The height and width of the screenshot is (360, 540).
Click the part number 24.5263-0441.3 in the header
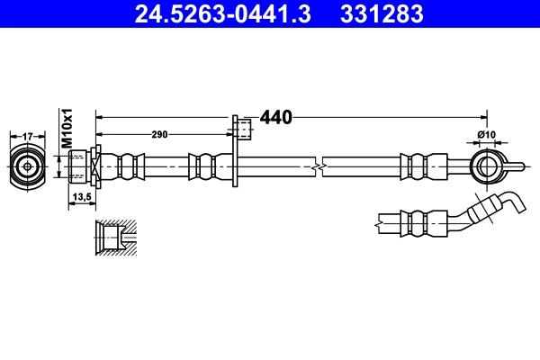pyautogui.click(x=222, y=13)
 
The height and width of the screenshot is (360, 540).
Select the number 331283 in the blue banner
pyautogui.click(x=382, y=13)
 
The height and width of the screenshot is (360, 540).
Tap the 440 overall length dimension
pyautogui.click(x=276, y=117)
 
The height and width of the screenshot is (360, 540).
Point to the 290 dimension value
pyautogui.click(x=159, y=134)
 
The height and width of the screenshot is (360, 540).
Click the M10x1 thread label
pyautogui.click(x=67, y=128)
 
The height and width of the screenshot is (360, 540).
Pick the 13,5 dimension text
pyautogui.click(x=82, y=197)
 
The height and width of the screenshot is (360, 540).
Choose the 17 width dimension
pyautogui.click(x=27, y=137)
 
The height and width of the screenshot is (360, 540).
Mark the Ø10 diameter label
pyautogui.click(x=486, y=134)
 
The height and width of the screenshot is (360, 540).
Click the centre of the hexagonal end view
pyautogui.click(x=28, y=167)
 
